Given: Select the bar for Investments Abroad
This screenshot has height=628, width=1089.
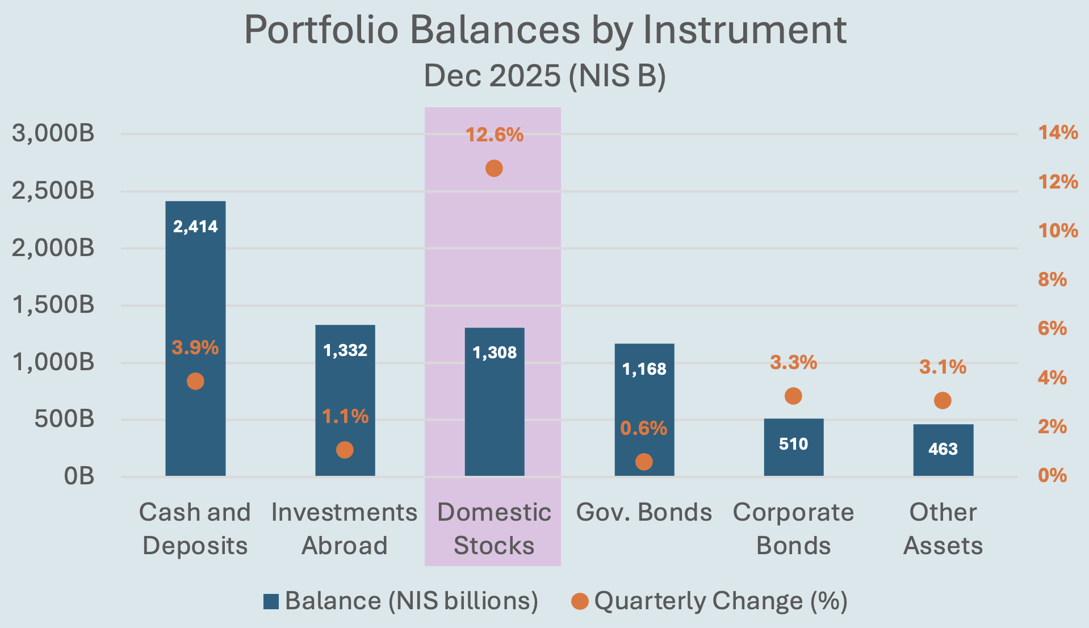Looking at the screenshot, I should click(x=345, y=386).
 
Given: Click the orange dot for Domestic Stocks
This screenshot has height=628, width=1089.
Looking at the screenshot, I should click(x=494, y=169).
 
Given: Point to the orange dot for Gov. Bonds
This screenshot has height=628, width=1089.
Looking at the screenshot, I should click(x=644, y=462).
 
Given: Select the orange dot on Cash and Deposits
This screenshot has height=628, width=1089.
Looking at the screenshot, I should click(x=195, y=381).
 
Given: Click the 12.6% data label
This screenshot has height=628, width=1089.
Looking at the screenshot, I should click(x=494, y=135).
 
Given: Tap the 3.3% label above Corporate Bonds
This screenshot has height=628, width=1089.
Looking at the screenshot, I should click(x=793, y=362).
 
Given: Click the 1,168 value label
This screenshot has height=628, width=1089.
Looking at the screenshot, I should click(x=644, y=369).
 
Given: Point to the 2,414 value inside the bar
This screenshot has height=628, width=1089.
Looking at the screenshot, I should click(x=195, y=227).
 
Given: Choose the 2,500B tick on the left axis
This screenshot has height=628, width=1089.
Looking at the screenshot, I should click(x=53, y=191).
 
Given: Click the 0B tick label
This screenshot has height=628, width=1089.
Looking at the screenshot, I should click(x=79, y=476).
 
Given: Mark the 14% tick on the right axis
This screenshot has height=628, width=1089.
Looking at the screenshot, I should click(x=1058, y=133).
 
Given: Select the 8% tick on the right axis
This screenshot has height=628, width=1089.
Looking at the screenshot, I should click(x=1052, y=279).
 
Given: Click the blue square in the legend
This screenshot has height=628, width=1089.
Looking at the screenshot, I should click(x=271, y=601).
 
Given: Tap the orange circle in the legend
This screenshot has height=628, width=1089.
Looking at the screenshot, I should click(x=580, y=601).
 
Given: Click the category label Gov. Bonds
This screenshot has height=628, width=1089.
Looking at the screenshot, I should click(x=644, y=512).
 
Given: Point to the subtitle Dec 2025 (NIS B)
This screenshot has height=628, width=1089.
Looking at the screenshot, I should click(x=544, y=76).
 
